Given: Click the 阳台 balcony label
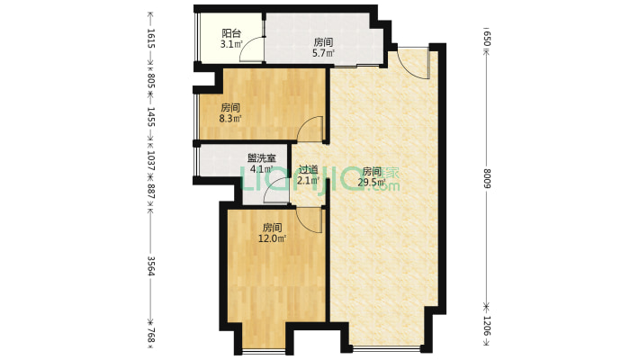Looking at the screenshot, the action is (231, 33).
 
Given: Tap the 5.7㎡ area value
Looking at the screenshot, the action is (324, 52).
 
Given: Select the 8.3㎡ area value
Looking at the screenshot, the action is (230, 119).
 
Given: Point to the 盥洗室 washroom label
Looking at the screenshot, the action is (262, 158).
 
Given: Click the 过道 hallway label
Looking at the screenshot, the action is (308, 169).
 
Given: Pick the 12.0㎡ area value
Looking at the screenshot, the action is (272, 238).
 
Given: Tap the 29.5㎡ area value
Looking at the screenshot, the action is (372, 182).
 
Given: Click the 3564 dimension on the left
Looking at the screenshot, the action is (151, 265).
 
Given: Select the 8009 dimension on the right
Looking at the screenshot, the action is (488, 178).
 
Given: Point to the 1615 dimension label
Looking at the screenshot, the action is (151, 39).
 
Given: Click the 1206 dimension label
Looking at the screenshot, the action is (488, 326).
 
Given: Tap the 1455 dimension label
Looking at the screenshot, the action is (151, 117).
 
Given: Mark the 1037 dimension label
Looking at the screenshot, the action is (151, 160).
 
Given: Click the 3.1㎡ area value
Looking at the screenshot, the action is (231, 44).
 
